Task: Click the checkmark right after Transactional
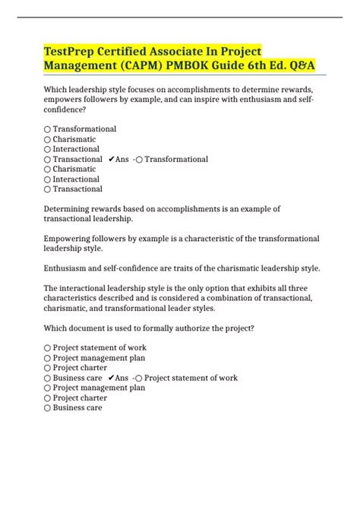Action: tap(112, 160)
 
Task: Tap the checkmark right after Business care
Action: tap(112, 378)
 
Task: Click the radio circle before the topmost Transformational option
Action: tap(47, 130)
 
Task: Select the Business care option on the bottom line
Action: tap(77, 407)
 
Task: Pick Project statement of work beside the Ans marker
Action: tap(191, 378)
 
